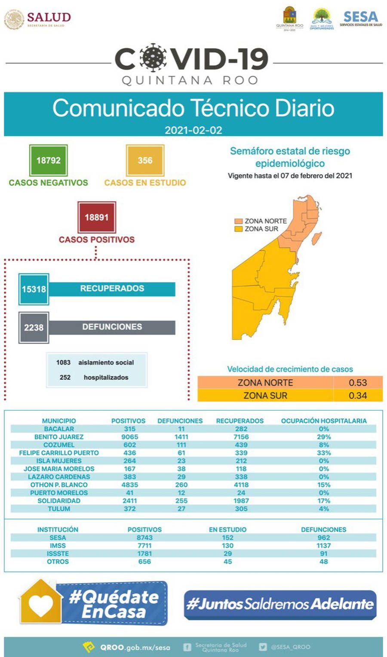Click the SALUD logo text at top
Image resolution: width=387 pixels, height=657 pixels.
tap(49, 17)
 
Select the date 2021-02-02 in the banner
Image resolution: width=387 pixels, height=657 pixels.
tap(193, 130)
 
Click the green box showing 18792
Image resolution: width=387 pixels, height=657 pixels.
tap(48, 160)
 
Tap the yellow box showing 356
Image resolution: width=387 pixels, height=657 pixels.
tap(145, 160)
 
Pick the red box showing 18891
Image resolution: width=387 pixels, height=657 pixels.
tap(96, 217)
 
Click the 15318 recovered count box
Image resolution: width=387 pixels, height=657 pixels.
tap(34, 289)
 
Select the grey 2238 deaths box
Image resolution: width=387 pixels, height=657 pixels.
tap(34, 328)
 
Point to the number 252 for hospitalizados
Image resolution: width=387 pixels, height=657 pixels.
tap(65, 377)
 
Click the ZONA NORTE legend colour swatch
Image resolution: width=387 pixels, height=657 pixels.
tap(238, 221)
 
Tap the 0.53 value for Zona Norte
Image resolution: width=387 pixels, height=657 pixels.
tap(358, 383)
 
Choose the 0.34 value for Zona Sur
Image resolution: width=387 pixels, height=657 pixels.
tap(358, 396)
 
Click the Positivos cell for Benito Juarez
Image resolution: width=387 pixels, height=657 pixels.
tap(129, 437)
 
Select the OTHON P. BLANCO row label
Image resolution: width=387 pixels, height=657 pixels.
tap(59, 485)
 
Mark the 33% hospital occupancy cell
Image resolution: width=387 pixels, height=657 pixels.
tap(324, 453)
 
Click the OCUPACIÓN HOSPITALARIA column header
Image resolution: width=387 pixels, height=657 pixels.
tap(324, 421)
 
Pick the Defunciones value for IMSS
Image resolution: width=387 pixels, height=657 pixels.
tap(324, 546)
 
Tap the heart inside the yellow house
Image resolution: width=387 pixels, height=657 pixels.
tap(41, 604)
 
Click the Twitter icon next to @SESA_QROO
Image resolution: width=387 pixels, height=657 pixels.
tap(263, 647)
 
